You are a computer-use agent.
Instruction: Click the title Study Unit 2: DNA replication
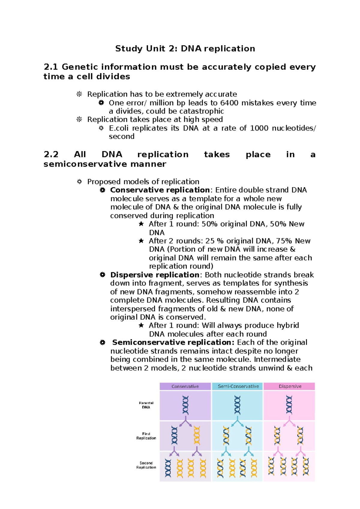pyautogui.click(x=185, y=49)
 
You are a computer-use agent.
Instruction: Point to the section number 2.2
pyautogui.click(x=51, y=155)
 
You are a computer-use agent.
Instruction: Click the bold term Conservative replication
pyautogui.click(x=160, y=190)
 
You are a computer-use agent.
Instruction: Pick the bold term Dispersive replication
pyautogui.click(x=154, y=275)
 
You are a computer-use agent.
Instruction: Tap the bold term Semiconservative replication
pyautogui.click(x=173, y=342)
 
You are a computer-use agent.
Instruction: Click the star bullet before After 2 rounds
pyautogui.click(x=141, y=241)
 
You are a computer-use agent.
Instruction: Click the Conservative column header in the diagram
pyautogui.click(x=185, y=387)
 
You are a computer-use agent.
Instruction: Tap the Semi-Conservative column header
pyautogui.click(x=238, y=387)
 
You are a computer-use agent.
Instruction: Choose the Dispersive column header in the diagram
pyautogui.click(x=290, y=387)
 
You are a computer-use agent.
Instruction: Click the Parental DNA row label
pyautogui.click(x=146, y=405)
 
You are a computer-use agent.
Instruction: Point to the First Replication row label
pyautogui.click(x=146, y=436)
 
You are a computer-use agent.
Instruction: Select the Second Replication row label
pyautogui.click(x=146, y=465)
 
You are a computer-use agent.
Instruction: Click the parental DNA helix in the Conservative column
pyautogui.click(x=186, y=405)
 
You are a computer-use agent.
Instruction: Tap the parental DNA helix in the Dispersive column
pyautogui.click(x=289, y=405)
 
